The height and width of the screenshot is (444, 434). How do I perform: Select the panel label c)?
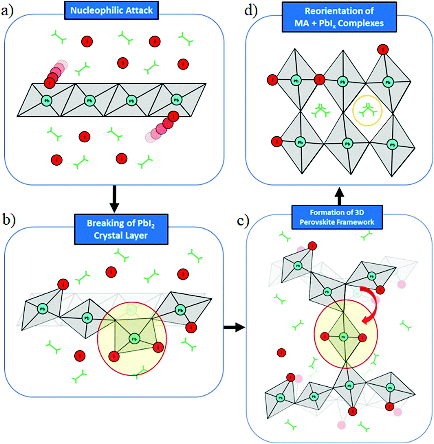242,221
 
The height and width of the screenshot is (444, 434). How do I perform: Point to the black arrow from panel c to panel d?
339,196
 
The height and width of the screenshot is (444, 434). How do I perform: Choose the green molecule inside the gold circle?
367,110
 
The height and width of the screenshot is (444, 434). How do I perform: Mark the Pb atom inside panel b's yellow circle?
134,339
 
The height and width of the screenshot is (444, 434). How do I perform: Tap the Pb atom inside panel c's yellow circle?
343,337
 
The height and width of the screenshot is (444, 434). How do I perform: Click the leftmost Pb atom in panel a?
46,101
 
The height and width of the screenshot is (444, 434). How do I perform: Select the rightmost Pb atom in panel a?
176,100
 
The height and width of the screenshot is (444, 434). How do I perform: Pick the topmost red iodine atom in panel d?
383,49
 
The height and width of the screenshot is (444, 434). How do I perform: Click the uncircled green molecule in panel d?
320,111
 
